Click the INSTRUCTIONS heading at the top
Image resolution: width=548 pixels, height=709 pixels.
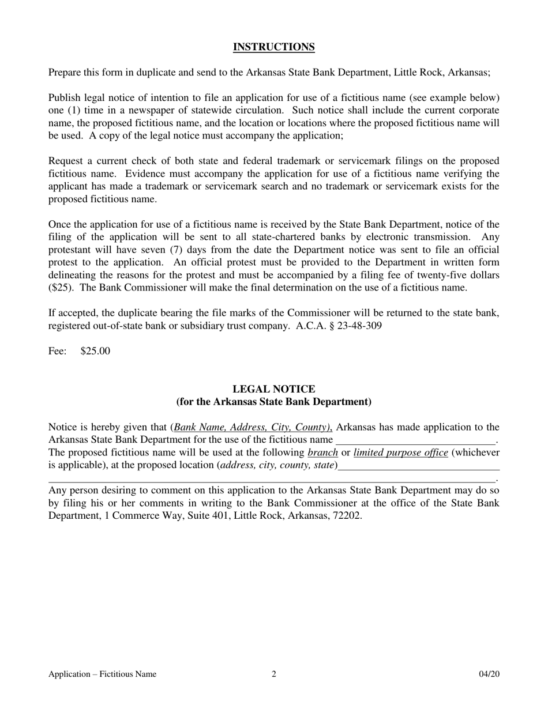tap(273, 47)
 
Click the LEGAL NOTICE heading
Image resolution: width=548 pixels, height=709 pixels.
tap(273, 389)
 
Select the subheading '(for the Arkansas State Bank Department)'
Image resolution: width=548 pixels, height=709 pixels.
tap(273, 402)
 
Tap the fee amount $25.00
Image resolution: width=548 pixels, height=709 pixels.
tap(95, 351)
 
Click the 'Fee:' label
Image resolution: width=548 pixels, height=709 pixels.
tap(57, 351)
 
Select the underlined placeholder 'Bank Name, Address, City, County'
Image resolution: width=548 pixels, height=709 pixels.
tap(252, 427)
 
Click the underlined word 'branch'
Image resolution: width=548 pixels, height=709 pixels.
tap(322, 452)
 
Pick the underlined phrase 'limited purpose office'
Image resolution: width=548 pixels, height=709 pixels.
tap(400, 452)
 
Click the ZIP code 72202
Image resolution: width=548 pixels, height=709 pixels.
tap(347, 516)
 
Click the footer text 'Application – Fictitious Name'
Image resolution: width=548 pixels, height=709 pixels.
tap(102, 674)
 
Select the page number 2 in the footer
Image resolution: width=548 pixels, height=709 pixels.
tap(274, 674)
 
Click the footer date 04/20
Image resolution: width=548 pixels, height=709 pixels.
tap(489, 674)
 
